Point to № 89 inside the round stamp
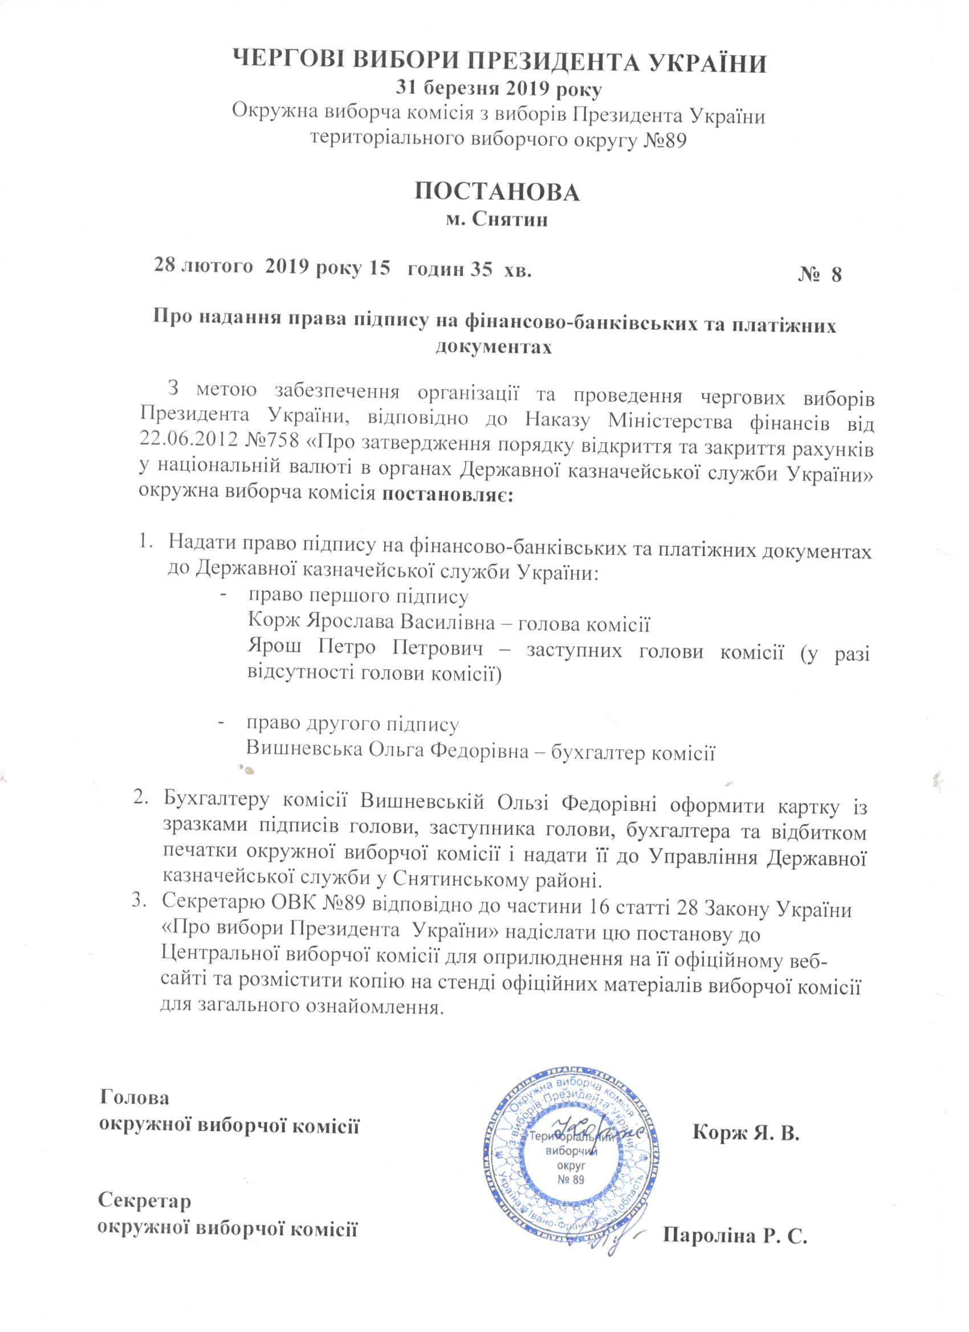[568, 1176]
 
